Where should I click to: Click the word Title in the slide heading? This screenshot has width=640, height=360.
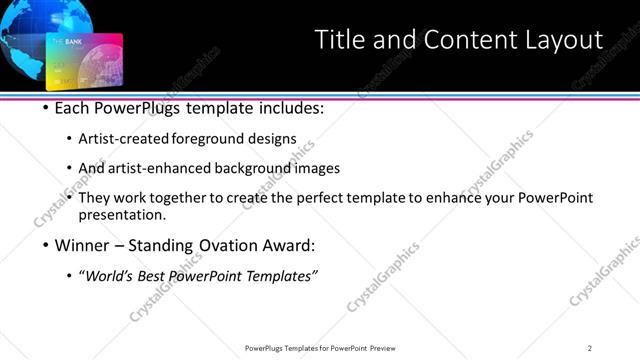338,40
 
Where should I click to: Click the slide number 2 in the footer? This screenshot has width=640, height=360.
590,348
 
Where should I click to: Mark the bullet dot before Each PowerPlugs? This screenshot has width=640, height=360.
47,107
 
